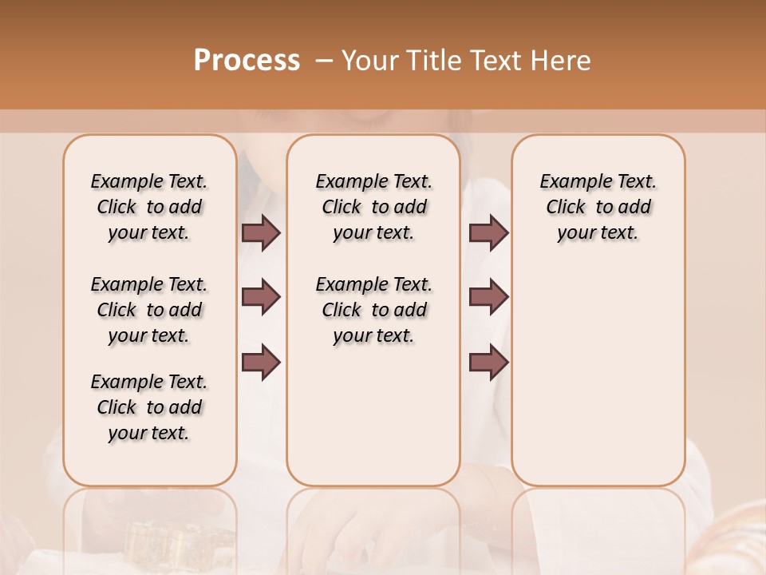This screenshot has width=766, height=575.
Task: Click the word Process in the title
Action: pyautogui.click(x=247, y=61)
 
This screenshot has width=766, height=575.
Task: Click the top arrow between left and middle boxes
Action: pyautogui.click(x=260, y=232)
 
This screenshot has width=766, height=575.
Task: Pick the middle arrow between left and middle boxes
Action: pyautogui.click(x=260, y=297)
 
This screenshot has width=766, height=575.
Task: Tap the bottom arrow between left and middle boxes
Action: pyautogui.click(x=260, y=363)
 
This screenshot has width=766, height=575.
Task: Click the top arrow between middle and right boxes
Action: pyautogui.click(x=488, y=232)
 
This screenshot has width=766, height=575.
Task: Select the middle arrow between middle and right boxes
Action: pyautogui.click(x=488, y=297)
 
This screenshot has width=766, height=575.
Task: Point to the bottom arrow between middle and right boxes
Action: pyautogui.click(x=488, y=363)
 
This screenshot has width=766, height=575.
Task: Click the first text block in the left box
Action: pyautogui.click(x=149, y=207)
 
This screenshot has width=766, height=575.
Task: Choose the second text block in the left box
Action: pyautogui.click(x=149, y=310)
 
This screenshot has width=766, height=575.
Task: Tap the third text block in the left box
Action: pyautogui.click(x=149, y=407)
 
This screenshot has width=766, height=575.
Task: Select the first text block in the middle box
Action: pyautogui.click(x=374, y=207)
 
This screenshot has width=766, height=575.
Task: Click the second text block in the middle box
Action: pyautogui.click(x=374, y=310)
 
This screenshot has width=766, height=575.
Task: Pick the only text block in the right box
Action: pyautogui.click(x=598, y=207)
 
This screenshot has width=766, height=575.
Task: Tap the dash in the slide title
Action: pyautogui.click(x=323, y=61)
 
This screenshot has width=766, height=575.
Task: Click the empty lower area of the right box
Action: pyautogui.click(x=598, y=383)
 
